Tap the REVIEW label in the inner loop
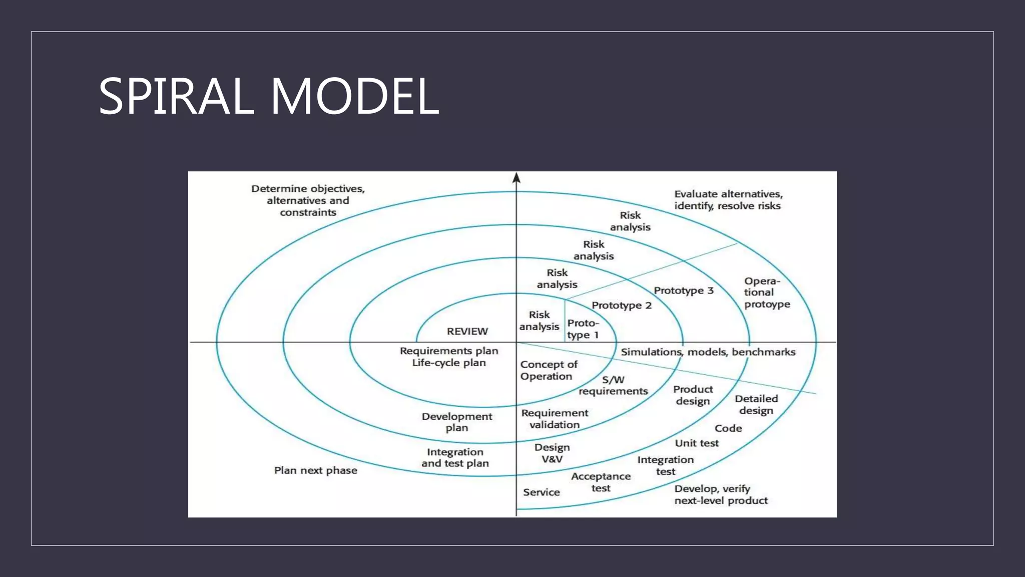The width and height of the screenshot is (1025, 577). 467,331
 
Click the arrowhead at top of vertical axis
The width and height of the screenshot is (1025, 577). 517,178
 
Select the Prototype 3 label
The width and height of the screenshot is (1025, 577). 683,291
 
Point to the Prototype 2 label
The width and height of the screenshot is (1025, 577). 621,306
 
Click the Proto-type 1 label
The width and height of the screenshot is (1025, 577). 583,329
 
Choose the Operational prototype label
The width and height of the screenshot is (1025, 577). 766,293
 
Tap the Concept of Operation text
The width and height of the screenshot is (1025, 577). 548,371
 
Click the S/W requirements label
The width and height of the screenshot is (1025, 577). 613,386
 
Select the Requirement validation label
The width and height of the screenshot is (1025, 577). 555,419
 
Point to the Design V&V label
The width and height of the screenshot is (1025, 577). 552,453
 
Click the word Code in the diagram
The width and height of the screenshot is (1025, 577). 728,428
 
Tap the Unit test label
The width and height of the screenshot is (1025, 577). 696,443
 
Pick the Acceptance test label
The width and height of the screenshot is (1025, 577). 601,482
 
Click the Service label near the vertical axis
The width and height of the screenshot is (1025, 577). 541,492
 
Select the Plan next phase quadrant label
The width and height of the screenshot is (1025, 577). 315,470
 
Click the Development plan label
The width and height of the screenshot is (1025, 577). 456,422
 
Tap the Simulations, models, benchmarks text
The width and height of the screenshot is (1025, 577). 708,352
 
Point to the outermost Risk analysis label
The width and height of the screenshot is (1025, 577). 630,221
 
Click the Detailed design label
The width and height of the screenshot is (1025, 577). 756,405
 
